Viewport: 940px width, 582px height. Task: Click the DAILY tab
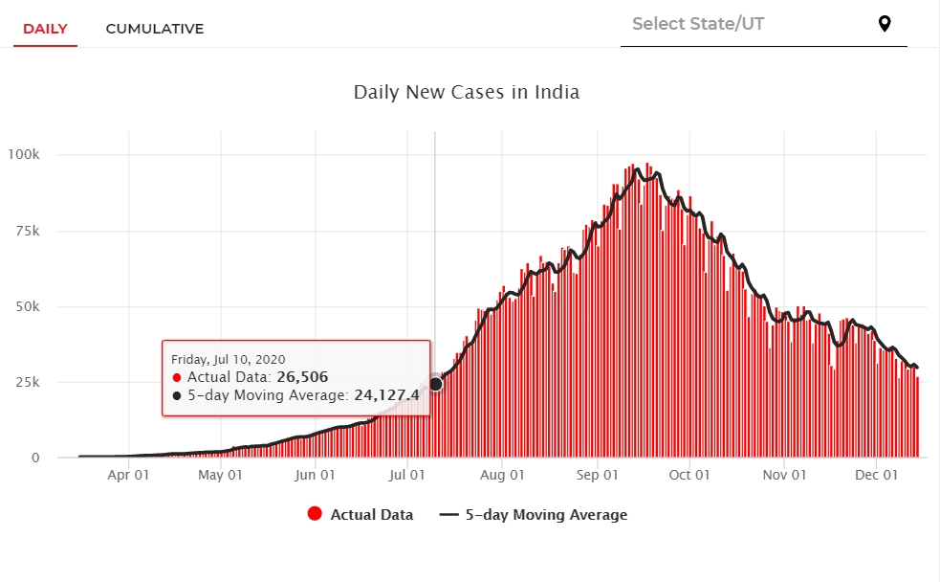point(45,29)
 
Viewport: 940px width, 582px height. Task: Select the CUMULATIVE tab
point(155,29)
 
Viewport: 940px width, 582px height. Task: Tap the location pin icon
point(885,24)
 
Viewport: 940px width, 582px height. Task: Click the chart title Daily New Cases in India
point(467,93)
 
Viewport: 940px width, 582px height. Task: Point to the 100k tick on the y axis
point(23,155)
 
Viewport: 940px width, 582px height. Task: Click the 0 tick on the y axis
point(35,458)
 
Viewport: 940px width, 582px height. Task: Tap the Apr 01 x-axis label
point(128,475)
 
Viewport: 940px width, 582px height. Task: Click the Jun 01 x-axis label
point(316,475)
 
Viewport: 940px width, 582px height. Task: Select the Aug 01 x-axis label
point(502,475)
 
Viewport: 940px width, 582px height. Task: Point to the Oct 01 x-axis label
point(689,475)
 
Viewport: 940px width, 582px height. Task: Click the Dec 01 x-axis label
point(877,475)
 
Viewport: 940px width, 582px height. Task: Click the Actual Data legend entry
point(361,515)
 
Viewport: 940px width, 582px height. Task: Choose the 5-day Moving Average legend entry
point(534,515)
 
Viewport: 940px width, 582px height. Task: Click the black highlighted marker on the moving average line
point(436,384)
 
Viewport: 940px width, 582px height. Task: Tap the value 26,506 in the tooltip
point(302,377)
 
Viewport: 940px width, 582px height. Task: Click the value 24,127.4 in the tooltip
point(387,394)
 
